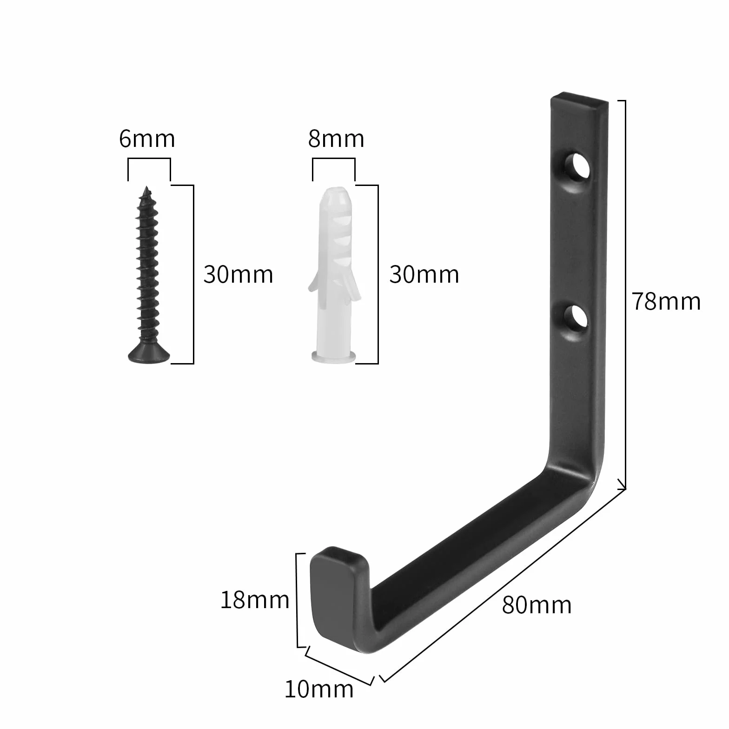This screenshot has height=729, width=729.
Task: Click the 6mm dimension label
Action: [147, 139]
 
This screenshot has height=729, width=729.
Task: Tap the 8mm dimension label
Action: [336, 139]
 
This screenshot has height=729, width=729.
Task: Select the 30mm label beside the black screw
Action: [238, 274]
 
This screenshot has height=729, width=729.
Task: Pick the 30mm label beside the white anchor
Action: [424, 274]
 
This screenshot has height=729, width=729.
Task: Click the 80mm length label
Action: [537, 605]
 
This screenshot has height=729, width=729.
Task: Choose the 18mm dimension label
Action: [255, 600]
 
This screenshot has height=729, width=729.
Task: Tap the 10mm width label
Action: [319, 689]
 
